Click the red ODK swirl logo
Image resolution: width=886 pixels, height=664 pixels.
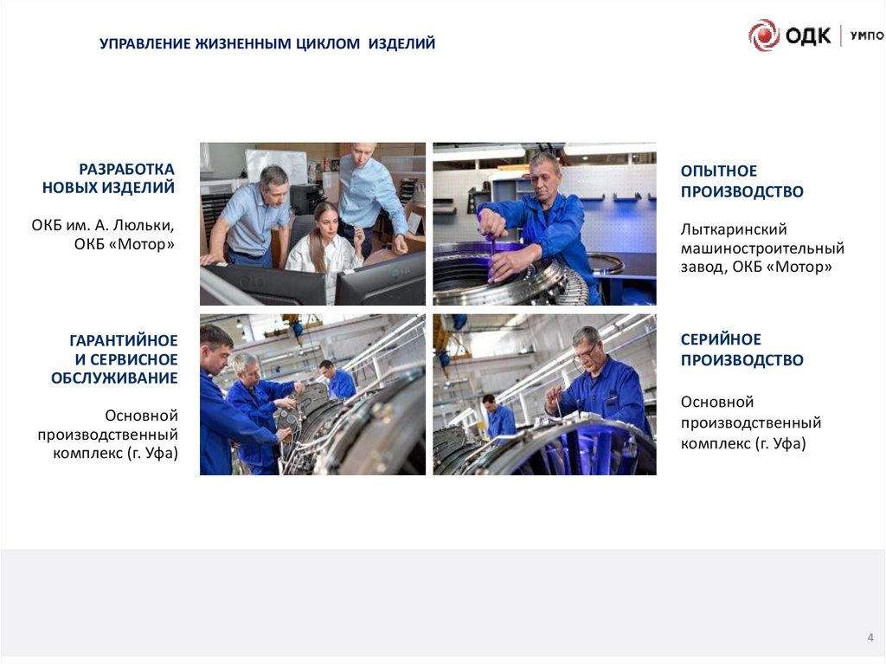tap(764, 35)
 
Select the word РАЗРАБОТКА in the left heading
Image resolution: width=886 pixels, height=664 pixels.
tap(126, 169)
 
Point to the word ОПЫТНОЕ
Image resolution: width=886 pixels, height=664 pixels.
tap(719, 171)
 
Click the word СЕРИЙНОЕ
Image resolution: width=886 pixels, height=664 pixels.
tap(721, 339)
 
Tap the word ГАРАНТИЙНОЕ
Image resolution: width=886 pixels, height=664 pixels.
tap(124, 340)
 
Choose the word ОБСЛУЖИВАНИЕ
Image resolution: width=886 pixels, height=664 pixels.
tap(115, 377)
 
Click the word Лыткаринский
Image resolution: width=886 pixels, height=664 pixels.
tap(734, 229)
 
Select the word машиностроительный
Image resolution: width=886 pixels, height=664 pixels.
tap(762, 248)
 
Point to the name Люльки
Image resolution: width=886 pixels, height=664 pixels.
tap(144, 226)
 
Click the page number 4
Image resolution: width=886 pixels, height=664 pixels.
tap(870, 637)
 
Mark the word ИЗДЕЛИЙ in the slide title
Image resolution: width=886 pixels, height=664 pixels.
tap(401, 43)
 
